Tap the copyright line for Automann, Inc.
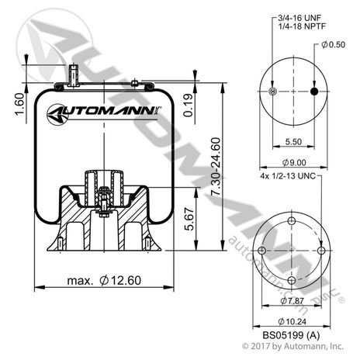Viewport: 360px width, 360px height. (292, 346)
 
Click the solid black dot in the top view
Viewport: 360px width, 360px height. (313, 92)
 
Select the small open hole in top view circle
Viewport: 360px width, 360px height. (271, 92)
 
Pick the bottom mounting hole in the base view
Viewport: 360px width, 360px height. (292, 280)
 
